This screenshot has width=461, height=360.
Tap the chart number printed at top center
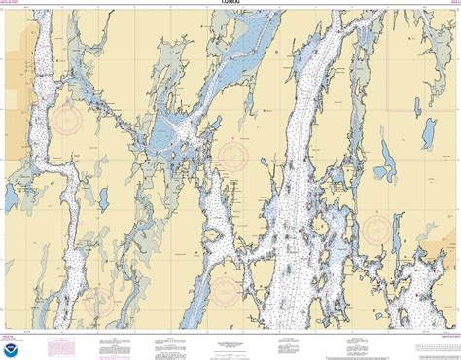point(230,6)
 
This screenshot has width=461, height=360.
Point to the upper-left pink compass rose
point(67,121)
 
